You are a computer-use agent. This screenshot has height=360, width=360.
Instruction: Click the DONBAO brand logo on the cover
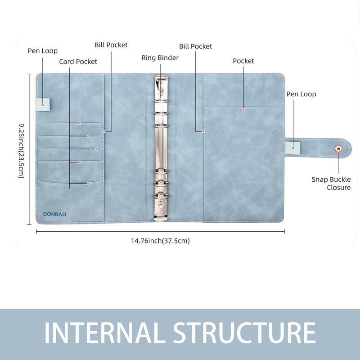54,214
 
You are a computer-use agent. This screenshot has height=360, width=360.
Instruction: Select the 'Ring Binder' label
160,58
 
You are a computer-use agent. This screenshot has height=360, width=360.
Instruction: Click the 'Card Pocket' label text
78,62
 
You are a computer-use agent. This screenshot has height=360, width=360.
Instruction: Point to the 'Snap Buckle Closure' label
331,183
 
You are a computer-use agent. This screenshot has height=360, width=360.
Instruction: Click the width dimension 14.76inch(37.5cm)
160,241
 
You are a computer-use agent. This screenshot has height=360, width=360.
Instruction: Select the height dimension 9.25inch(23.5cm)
21,151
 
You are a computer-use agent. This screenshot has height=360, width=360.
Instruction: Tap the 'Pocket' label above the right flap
243,61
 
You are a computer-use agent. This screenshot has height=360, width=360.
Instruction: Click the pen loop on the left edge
42,104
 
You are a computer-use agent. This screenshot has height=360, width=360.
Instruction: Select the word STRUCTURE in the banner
244,333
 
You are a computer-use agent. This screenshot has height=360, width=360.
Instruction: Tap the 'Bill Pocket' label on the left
111,45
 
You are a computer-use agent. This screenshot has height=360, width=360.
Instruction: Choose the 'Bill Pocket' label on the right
195,46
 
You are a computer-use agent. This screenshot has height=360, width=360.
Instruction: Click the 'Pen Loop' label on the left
43,51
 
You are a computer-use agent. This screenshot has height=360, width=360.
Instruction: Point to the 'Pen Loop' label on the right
301,94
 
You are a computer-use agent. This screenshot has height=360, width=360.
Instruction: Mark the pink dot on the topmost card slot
79,123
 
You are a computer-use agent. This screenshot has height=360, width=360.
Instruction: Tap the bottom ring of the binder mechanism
161,196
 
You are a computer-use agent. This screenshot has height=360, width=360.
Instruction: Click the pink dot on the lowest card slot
88,184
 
